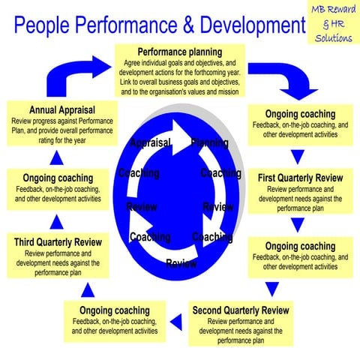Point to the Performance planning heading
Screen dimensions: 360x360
click(x=180, y=52)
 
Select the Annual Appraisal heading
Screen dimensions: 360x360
click(x=62, y=110)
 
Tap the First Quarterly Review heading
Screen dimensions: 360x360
click(x=300, y=178)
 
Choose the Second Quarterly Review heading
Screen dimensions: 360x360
click(x=240, y=310)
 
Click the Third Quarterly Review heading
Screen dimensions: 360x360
click(x=58, y=242)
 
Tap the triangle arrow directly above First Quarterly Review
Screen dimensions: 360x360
click(x=298, y=157)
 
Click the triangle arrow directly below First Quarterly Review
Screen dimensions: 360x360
click(x=298, y=224)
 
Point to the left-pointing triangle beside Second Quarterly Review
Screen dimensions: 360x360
click(x=177, y=321)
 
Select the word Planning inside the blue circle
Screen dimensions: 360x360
click(x=209, y=142)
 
